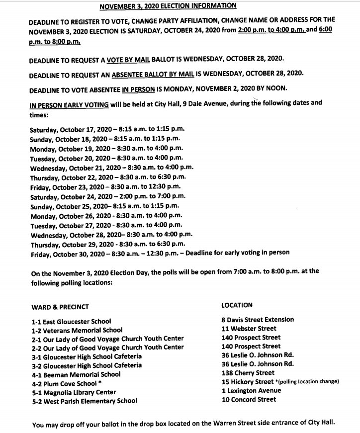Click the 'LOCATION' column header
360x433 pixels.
click(237, 305)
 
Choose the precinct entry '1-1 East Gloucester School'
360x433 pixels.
click(71, 321)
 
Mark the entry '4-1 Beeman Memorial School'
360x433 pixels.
click(76, 374)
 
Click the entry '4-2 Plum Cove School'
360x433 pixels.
click(66, 383)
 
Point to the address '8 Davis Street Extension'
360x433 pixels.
click(258, 320)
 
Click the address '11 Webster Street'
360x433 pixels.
click(249, 329)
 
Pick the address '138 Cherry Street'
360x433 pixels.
click(248, 373)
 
